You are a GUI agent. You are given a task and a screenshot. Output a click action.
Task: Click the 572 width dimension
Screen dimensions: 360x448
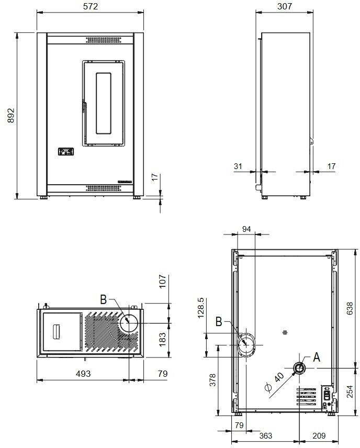pyautogui.click(x=91, y=6)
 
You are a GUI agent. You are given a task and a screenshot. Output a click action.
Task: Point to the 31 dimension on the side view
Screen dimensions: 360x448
pyautogui.click(x=238, y=166)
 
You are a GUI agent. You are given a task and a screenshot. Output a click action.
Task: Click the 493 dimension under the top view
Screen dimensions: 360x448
pyautogui.click(x=83, y=374)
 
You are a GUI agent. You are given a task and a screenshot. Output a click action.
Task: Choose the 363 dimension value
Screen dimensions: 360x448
pyautogui.click(x=266, y=435)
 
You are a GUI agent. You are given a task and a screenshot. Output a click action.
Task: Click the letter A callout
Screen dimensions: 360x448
pyautogui.click(x=316, y=358)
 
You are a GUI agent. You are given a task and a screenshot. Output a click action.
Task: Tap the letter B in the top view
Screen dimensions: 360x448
pyautogui.click(x=103, y=299)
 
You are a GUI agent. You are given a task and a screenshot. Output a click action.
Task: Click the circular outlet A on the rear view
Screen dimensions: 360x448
pyautogui.click(x=299, y=368)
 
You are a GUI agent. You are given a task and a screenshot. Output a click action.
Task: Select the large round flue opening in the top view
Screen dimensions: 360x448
pyautogui.click(x=129, y=322)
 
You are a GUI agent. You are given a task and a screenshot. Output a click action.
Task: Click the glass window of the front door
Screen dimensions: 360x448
pyautogui.click(x=103, y=102)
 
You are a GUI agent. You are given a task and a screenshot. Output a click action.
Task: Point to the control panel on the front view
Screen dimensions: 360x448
pyautogui.click(x=66, y=152)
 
